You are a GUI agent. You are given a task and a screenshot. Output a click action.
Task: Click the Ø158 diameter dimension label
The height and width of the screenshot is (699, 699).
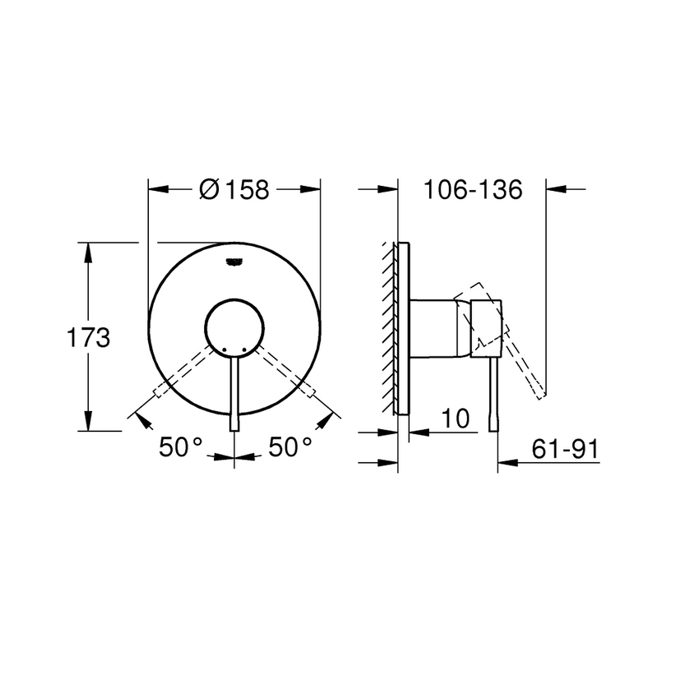point(234,190)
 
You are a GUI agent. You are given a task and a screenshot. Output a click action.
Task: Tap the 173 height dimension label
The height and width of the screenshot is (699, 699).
point(88,337)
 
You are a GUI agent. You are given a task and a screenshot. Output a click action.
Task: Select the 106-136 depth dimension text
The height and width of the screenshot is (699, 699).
point(473,190)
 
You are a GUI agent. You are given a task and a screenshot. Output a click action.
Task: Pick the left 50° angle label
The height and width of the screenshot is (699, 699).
point(181,447)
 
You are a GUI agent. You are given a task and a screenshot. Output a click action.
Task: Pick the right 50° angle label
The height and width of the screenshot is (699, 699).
point(290,447)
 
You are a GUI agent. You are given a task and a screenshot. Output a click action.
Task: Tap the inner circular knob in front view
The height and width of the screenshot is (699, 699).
point(235,327)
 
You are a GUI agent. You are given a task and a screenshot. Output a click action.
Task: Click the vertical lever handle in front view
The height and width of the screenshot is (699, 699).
point(235,395)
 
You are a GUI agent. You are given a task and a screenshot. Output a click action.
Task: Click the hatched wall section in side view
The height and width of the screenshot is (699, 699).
point(387,329)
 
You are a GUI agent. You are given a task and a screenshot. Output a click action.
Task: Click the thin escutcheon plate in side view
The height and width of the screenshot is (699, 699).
point(401,329)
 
